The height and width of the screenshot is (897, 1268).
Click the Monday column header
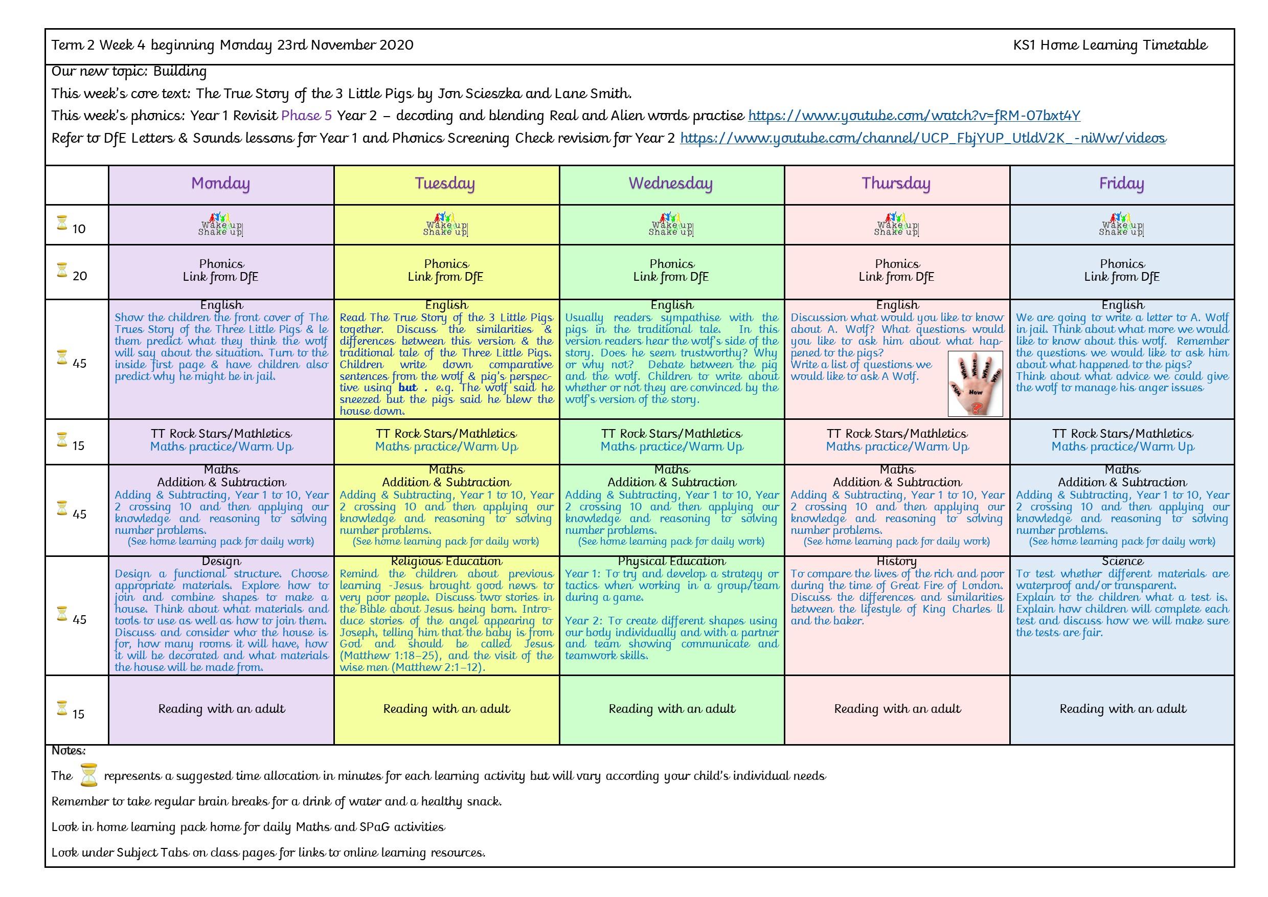point(220,184)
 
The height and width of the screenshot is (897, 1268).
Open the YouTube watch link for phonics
point(914,116)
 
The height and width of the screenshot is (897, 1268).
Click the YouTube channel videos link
point(923,138)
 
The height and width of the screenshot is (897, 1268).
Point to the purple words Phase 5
point(306,116)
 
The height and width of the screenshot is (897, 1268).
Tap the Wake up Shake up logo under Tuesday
point(446,225)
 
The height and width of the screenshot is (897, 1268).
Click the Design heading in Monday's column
point(221,562)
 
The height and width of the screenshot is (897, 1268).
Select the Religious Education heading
point(446,562)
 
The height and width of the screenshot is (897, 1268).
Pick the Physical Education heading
point(671,562)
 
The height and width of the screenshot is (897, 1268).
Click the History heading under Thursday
point(896,562)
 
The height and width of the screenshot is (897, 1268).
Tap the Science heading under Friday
point(1122,562)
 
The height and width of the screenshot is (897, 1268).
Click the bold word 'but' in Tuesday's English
point(407,388)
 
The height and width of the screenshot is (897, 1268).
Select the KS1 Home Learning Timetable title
point(1110,46)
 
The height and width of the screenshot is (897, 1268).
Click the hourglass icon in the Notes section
point(88,775)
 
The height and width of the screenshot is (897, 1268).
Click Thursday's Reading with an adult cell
point(897,709)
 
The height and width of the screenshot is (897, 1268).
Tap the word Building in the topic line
point(179,72)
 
